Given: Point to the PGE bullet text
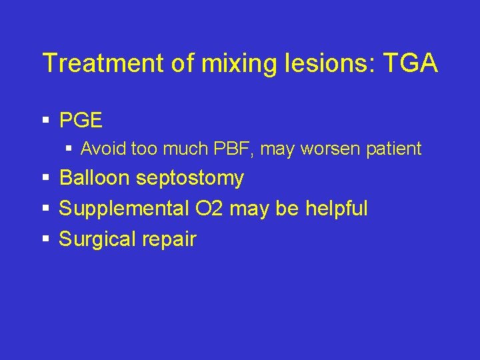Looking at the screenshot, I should (x=81, y=120).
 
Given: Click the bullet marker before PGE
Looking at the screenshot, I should (x=46, y=121).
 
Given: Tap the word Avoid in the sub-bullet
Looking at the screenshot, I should (x=101, y=149).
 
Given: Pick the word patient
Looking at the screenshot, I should (x=395, y=149).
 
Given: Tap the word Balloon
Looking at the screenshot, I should (x=95, y=178).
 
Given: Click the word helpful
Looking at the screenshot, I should (x=337, y=209).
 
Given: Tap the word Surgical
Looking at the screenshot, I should (x=97, y=239).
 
